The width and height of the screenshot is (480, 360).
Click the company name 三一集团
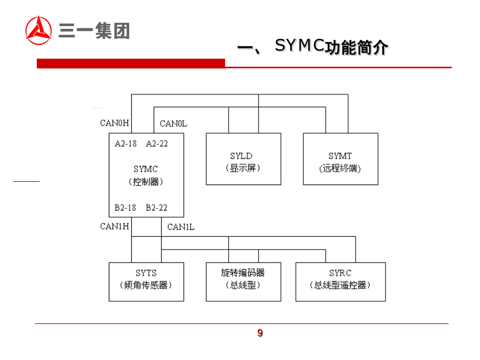tap(94, 31)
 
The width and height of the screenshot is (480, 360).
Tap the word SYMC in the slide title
tap(300, 46)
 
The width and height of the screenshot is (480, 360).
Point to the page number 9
tap(260, 333)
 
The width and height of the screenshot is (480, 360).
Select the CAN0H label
tap(115, 123)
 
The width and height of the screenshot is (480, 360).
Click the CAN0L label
tap(174, 124)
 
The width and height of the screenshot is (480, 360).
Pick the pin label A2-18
tap(126, 143)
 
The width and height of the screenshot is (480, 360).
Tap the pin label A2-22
tap(157, 143)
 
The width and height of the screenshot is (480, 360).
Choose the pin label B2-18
tap(125, 207)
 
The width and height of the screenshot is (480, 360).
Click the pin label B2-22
tap(157, 207)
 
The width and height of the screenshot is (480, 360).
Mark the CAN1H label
tap(115, 226)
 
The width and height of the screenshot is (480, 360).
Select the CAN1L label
tap(181, 227)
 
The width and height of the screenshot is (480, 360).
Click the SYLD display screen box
tap(243, 159)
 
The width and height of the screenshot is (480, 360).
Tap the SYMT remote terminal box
tap(340, 159)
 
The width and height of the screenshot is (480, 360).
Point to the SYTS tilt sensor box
tap(146, 282)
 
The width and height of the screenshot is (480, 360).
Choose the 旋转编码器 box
tap(243, 282)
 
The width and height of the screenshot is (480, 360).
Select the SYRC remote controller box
tap(340, 282)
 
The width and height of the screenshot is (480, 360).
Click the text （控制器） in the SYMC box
tap(146, 182)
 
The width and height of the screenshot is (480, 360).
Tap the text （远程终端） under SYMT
tap(340, 169)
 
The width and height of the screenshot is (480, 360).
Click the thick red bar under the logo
tap(131, 63)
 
